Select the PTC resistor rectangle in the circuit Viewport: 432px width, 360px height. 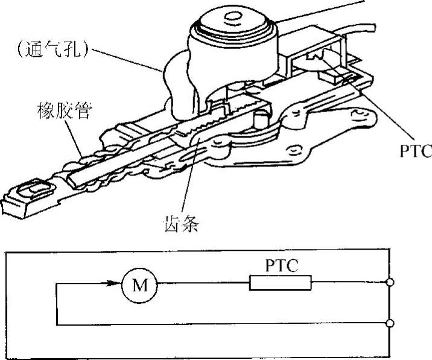tap(281, 283)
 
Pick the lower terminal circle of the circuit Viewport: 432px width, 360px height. tap(390, 324)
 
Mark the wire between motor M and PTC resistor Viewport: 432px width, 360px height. tap(202, 283)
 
